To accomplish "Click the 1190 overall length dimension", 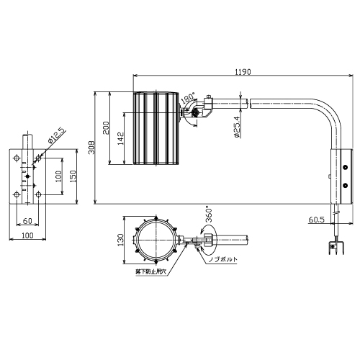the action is click(243, 72).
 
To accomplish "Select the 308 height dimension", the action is click(91, 148).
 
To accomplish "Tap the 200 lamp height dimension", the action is click(106, 128).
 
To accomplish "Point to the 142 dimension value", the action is click(121, 138).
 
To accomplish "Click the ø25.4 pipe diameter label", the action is click(237, 127).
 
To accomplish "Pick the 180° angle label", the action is click(188, 98).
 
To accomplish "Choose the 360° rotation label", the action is click(208, 215).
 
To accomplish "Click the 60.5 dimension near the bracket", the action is click(317, 220).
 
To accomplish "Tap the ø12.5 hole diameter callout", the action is click(56, 135).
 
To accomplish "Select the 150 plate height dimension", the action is click(73, 176).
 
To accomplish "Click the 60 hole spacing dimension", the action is click(27, 220).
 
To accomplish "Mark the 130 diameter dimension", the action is click(121, 240).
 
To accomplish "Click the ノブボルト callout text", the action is click(223, 259).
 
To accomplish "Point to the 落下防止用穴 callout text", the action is click(150, 272).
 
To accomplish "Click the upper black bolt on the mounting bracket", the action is click(346, 167).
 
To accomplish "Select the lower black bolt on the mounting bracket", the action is click(346, 185).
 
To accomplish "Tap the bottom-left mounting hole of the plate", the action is click(17, 194).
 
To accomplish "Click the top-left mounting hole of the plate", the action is click(17, 158).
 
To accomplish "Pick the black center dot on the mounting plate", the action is click(27, 176).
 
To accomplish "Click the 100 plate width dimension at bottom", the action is click(27, 235).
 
